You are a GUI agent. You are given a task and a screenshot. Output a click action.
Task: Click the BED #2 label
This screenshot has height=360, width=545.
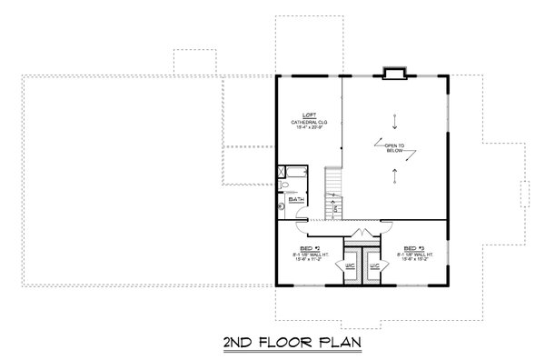pyautogui.click(x=309, y=246)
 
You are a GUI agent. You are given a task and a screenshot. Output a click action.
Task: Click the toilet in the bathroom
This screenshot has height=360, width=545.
pyautogui.click(x=285, y=186)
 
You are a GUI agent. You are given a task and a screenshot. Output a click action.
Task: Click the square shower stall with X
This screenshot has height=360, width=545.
pyautogui.click(x=282, y=170)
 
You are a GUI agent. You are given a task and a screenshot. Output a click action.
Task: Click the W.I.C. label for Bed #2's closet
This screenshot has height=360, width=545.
pyautogui.click(x=350, y=265)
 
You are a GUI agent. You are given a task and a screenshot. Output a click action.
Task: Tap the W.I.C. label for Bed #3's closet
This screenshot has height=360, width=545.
pyautogui.click(x=373, y=265)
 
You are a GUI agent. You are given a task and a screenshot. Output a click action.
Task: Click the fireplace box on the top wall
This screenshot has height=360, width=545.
pyautogui.click(x=394, y=72)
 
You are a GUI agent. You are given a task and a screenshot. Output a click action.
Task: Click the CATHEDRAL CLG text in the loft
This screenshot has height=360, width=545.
pyautogui.click(x=309, y=122)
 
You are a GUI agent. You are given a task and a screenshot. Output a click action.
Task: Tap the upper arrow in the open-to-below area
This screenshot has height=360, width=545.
pyautogui.click(x=395, y=119)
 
